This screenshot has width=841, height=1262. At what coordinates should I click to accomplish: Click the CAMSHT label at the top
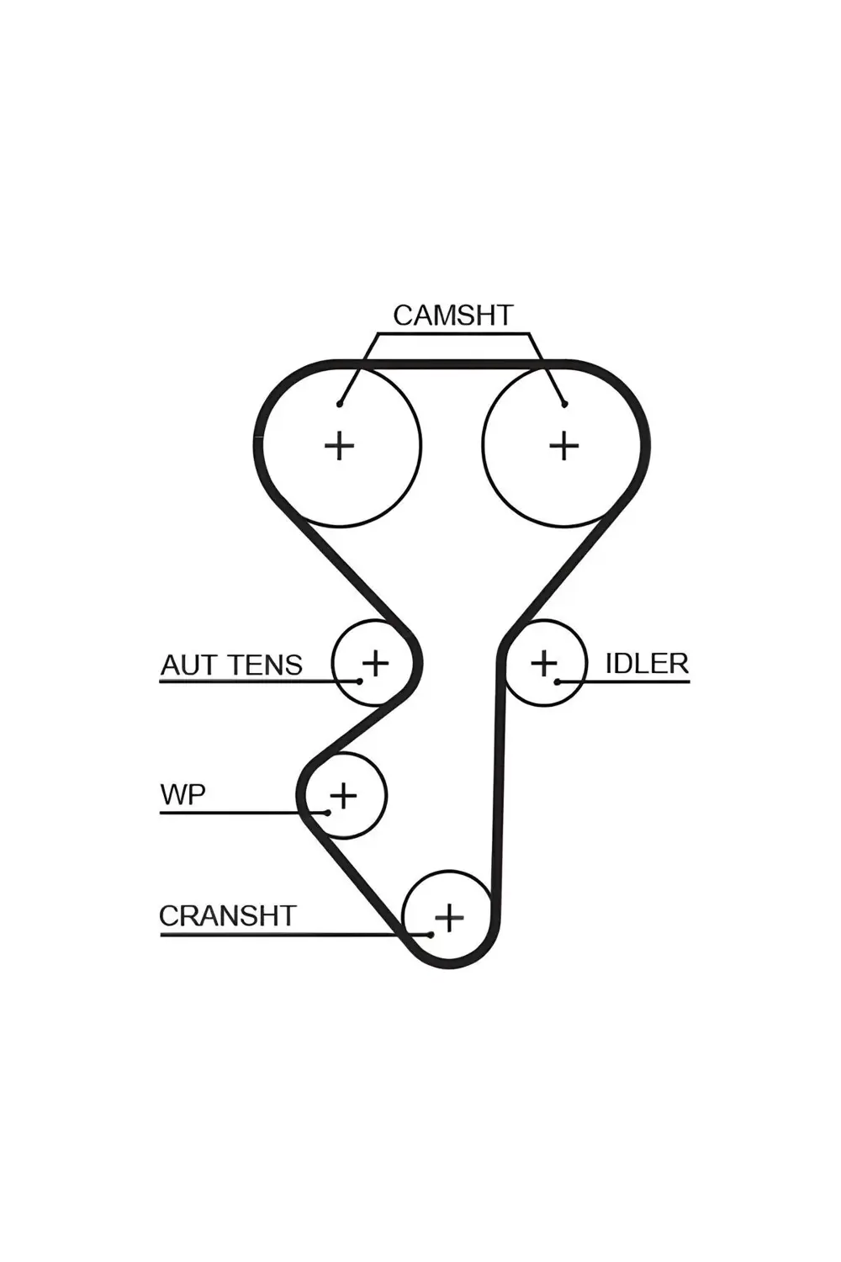tap(452, 315)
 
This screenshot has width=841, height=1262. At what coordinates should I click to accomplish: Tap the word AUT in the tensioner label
tap(185, 665)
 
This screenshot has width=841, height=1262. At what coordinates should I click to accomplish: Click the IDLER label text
tap(647, 664)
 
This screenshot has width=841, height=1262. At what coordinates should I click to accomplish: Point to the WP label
tap(182, 794)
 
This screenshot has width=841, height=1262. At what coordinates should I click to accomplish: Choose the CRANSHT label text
tap(228, 915)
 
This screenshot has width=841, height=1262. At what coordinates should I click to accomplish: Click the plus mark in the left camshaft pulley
tap(339, 445)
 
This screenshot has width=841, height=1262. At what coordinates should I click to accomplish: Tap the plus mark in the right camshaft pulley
tap(563, 445)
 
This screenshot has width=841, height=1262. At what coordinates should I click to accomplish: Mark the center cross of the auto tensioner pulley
tap(375, 663)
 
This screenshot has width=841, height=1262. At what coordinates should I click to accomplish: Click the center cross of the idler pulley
tap(543, 663)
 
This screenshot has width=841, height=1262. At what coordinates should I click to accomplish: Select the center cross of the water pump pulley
tap(342, 795)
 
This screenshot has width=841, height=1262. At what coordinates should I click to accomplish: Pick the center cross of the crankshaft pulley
tap(449, 917)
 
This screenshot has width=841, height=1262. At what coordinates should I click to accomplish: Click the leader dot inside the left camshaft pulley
tap(340, 404)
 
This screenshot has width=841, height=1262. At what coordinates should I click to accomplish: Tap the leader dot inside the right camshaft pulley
tap(565, 404)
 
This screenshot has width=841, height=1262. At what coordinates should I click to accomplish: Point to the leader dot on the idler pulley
tap(557, 681)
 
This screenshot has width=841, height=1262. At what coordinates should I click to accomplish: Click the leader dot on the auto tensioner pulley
tap(360, 681)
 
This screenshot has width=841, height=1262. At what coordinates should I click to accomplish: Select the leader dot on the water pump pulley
tap(326, 813)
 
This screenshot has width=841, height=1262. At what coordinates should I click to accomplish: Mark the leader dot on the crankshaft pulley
tap(431, 935)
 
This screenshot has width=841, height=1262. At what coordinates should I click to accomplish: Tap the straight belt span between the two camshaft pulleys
tap(452, 364)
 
